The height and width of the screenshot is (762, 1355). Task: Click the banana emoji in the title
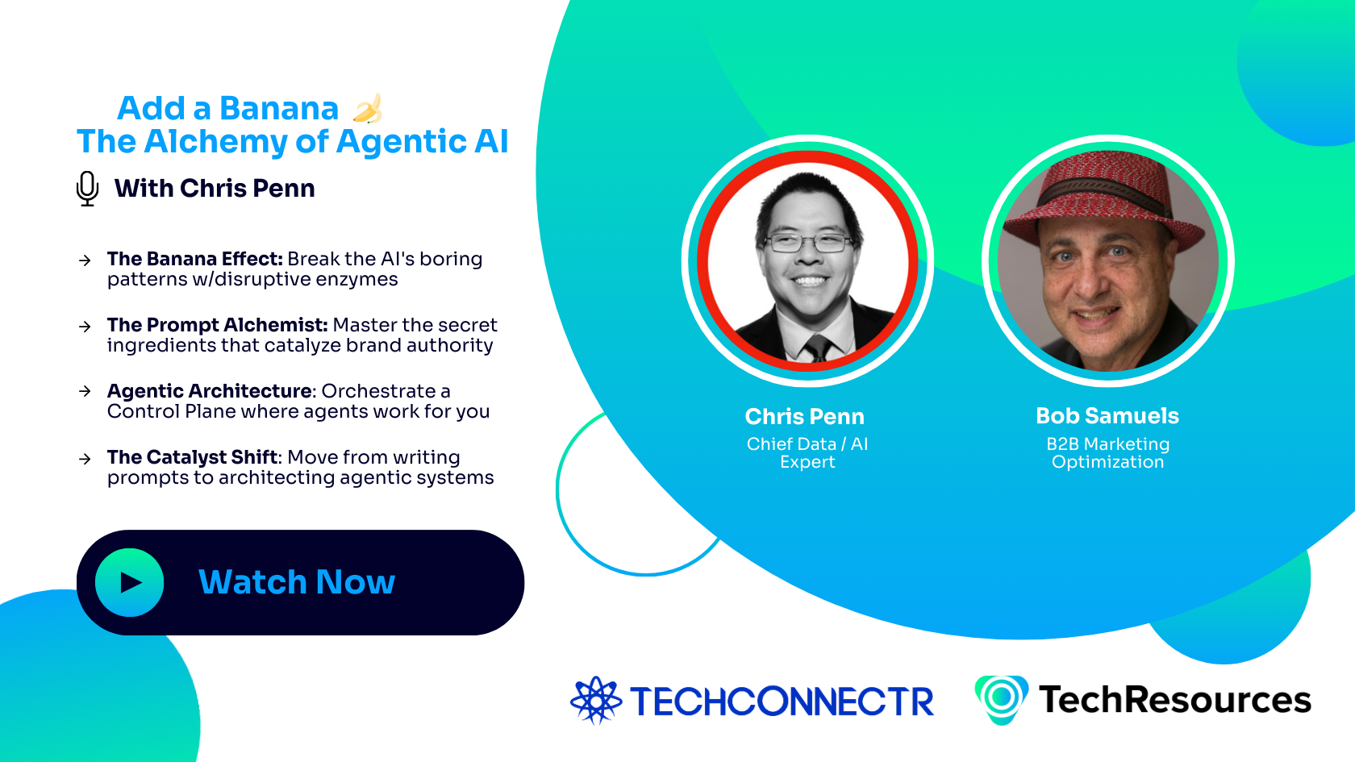pyautogui.click(x=368, y=109)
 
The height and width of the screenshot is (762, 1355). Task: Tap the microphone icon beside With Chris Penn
pyautogui.click(x=87, y=188)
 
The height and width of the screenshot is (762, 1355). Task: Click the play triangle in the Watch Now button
pyautogui.click(x=130, y=582)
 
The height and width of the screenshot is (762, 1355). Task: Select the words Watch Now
pyautogui.click(x=297, y=582)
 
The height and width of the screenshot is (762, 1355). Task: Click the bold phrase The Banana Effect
pyautogui.click(x=194, y=259)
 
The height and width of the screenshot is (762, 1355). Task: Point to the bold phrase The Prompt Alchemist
pyautogui.click(x=217, y=325)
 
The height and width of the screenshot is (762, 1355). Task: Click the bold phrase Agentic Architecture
pyautogui.click(x=210, y=391)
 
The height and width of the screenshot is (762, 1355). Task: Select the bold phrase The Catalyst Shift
pyautogui.click(x=193, y=457)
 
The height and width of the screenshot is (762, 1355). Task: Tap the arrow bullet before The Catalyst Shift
pyautogui.click(x=85, y=459)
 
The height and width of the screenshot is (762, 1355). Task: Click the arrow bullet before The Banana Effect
pyautogui.click(x=85, y=260)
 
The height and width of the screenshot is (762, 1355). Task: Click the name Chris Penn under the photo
pyautogui.click(x=804, y=417)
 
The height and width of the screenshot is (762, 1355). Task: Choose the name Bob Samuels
pyautogui.click(x=1107, y=416)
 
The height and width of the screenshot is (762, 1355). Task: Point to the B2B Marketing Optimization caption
pyautogui.click(x=1107, y=453)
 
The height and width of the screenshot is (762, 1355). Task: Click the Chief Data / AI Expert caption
pyautogui.click(x=807, y=453)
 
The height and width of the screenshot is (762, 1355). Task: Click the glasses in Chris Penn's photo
pyautogui.click(x=807, y=242)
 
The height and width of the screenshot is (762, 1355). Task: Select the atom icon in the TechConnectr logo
pyautogui.click(x=596, y=700)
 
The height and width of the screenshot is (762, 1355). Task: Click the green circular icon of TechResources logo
pyautogui.click(x=1001, y=697)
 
